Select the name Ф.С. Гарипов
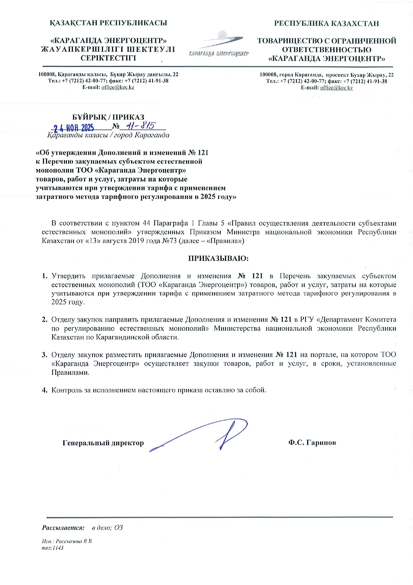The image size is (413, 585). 312,443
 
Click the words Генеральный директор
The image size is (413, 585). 103,443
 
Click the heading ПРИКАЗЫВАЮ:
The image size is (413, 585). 218,259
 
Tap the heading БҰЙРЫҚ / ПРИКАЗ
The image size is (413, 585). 108,117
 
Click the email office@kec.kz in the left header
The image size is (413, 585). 118,87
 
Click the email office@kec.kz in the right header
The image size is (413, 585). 336,88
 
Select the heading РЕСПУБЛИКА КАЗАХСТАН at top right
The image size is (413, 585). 326,23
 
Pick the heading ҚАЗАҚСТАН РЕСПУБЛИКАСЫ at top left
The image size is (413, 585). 109,23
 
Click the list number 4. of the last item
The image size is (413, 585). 45,390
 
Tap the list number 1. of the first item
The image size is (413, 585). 45,276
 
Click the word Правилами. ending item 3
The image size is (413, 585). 70,372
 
